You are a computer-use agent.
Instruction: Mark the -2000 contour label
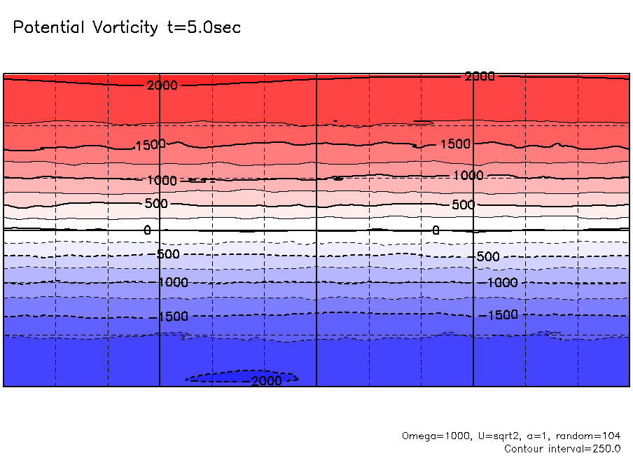point(266,381)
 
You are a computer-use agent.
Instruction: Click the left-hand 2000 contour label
point(162,85)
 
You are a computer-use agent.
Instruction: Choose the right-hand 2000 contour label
point(480,76)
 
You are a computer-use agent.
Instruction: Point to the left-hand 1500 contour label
point(151,145)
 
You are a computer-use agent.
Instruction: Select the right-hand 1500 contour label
point(455,144)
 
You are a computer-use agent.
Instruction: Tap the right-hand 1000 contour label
point(468,175)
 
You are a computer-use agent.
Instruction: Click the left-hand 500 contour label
point(157,204)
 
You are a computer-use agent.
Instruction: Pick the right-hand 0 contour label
point(436,230)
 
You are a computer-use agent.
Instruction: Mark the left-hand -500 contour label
point(168,254)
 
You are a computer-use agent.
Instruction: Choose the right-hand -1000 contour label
point(502,283)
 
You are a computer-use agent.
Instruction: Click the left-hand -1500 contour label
point(173,317)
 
